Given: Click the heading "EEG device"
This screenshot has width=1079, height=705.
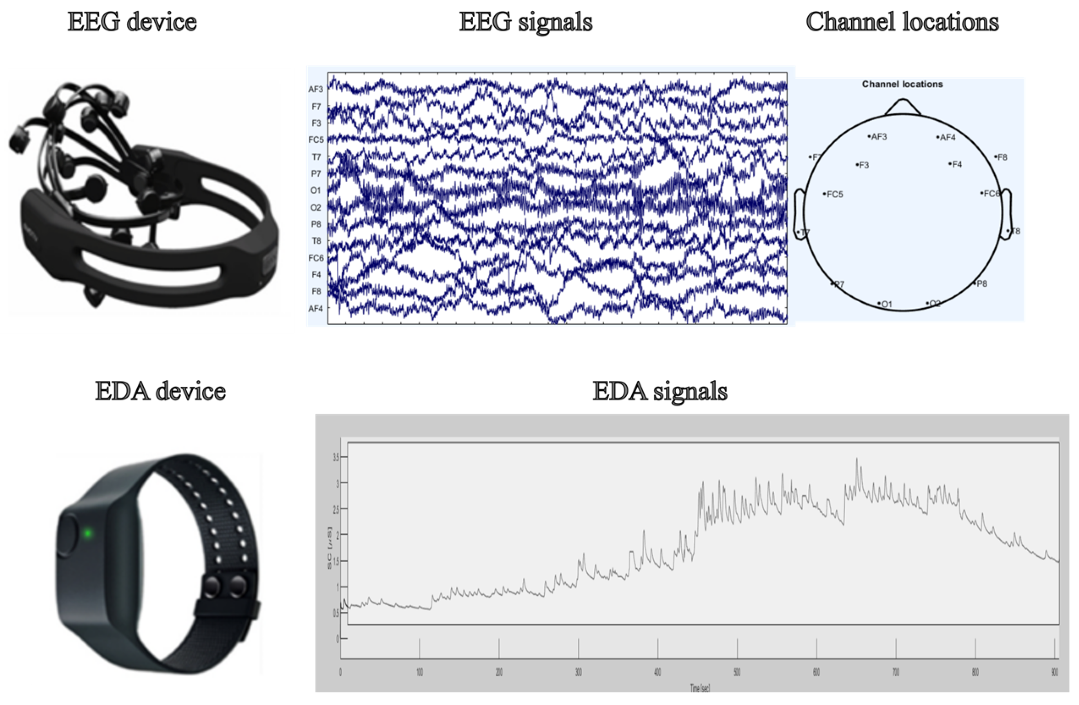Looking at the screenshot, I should click(x=132, y=22).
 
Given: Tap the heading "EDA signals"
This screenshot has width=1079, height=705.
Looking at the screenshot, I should click(x=660, y=391).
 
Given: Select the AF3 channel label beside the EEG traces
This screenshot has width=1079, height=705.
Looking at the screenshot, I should click(x=316, y=89).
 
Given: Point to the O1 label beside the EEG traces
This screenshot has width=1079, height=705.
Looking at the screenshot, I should click(x=316, y=191).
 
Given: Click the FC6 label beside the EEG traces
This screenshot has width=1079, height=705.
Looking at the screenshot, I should click(x=316, y=258).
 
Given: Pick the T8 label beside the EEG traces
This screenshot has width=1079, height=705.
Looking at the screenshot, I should click(x=316, y=241).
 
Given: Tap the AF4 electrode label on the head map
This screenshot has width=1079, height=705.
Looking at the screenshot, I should click(x=947, y=138).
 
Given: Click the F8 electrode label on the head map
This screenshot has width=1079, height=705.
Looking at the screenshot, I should click(x=1002, y=157).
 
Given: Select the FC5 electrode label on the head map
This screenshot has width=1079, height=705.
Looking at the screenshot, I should click(x=834, y=195).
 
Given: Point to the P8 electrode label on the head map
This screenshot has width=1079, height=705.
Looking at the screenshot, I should click(x=981, y=284).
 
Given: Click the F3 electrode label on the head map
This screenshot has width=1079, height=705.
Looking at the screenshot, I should click(x=864, y=165).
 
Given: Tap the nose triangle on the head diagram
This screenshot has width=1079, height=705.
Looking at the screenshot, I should click(x=902, y=108).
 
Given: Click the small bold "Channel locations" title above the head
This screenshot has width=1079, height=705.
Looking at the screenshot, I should click(x=902, y=84).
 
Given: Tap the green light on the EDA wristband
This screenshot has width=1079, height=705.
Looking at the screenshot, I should click(x=88, y=533).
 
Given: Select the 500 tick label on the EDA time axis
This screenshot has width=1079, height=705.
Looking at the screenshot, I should click(x=737, y=672).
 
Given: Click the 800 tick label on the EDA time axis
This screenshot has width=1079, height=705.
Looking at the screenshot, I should click(x=975, y=672).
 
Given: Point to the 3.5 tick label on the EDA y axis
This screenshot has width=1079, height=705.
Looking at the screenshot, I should click(x=336, y=458).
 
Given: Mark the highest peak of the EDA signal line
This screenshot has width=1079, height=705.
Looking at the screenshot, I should click(x=856, y=459).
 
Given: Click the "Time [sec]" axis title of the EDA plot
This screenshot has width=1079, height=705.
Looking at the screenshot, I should click(x=700, y=688).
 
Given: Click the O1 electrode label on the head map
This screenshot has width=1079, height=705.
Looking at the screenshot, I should click(x=886, y=304).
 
